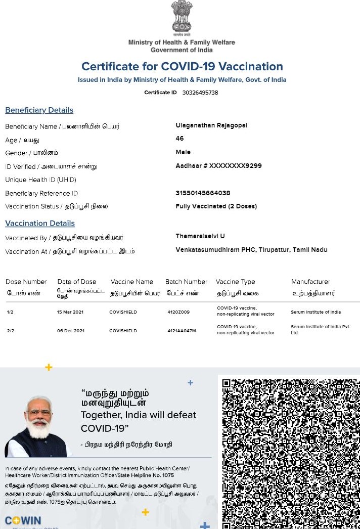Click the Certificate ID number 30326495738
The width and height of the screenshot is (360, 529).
pyautogui.click(x=200, y=93)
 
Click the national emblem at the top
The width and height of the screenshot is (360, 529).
pyautogui.click(x=182, y=18)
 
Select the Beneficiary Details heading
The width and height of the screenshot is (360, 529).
pyautogui.click(x=39, y=110)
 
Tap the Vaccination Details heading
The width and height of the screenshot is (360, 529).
pyautogui.click(x=40, y=224)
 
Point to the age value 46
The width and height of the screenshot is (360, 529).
pyautogui.click(x=179, y=139)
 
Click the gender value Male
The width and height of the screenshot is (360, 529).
pyautogui.click(x=183, y=152)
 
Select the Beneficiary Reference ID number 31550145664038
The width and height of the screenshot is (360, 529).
pyautogui.click(x=203, y=193)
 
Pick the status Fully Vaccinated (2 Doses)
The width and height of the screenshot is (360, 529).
pyautogui.click(x=216, y=206)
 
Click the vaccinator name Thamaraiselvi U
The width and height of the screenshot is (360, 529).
pyautogui.click(x=200, y=236)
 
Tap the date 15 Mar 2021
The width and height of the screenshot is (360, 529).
pyautogui.click(x=70, y=312)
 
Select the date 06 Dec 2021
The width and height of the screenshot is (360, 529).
pyautogui.click(x=70, y=331)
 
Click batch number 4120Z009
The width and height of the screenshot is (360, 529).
pyautogui.click(x=178, y=312)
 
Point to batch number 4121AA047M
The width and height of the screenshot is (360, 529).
pyautogui.click(x=182, y=331)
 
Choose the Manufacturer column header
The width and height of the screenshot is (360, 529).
pyautogui.click(x=310, y=282)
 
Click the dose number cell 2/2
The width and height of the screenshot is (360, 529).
pyautogui.click(x=11, y=331)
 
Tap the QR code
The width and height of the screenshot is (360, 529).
pyautogui.click(x=291, y=453)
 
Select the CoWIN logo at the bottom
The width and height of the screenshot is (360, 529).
pyautogui.click(x=23, y=521)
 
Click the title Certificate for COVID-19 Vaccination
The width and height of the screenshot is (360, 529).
pyautogui.click(x=182, y=67)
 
